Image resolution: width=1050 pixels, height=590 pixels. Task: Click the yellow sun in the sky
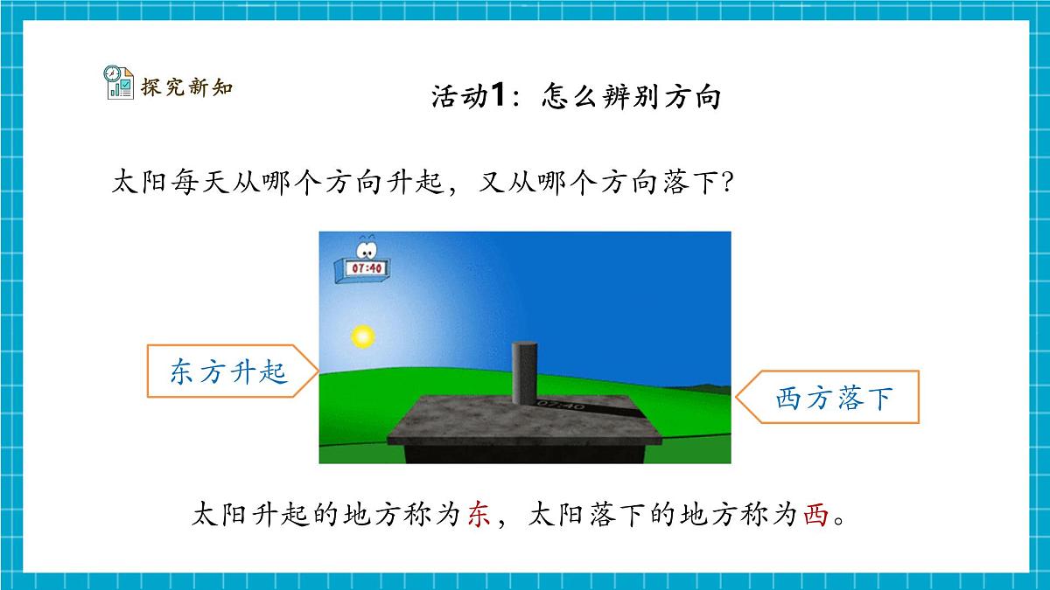(x=361, y=336)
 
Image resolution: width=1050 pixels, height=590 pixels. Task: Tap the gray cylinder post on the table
(x=524, y=371)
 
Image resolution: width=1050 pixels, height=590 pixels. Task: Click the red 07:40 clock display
(x=366, y=269)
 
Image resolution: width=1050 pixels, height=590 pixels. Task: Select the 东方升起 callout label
(x=229, y=373)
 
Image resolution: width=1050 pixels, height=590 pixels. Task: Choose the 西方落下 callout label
(x=833, y=399)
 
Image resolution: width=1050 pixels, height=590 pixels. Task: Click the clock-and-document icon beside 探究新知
(x=118, y=82)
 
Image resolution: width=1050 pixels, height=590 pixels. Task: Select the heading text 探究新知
(x=186, y=87)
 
